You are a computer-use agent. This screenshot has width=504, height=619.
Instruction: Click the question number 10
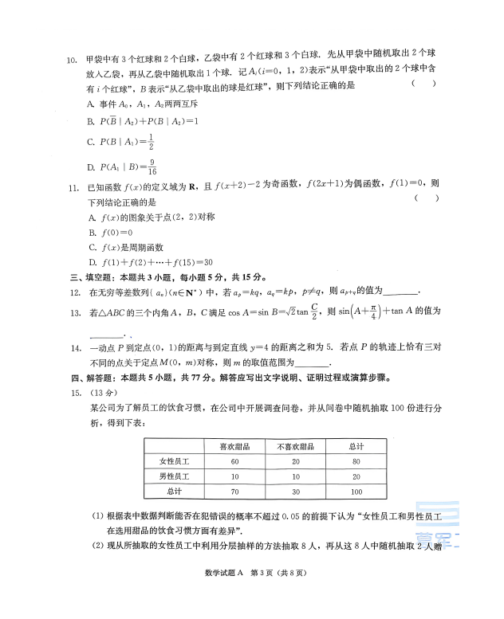click(x=70, y=59)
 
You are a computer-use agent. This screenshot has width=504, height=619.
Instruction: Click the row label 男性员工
click(x=172, y=476)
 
